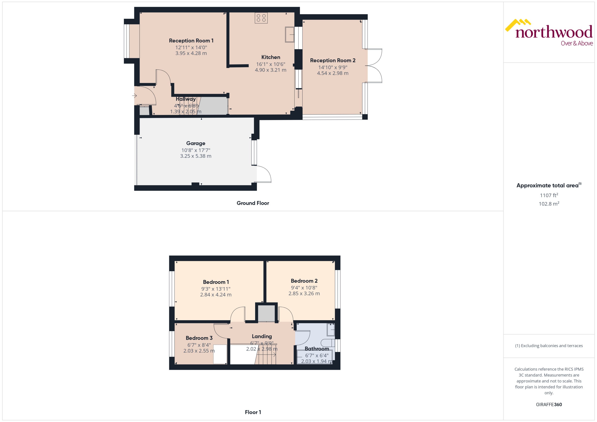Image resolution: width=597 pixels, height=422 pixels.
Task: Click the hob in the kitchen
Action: click(261, 18)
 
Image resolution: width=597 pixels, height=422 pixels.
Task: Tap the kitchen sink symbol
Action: click(289, 34)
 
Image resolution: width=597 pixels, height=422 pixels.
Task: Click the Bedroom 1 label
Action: click(216, 282)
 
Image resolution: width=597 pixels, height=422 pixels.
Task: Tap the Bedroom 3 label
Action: click(199, 338)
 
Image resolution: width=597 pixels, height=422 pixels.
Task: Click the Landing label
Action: click(262, 336)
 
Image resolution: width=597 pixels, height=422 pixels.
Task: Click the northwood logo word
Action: click(554, 32)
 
